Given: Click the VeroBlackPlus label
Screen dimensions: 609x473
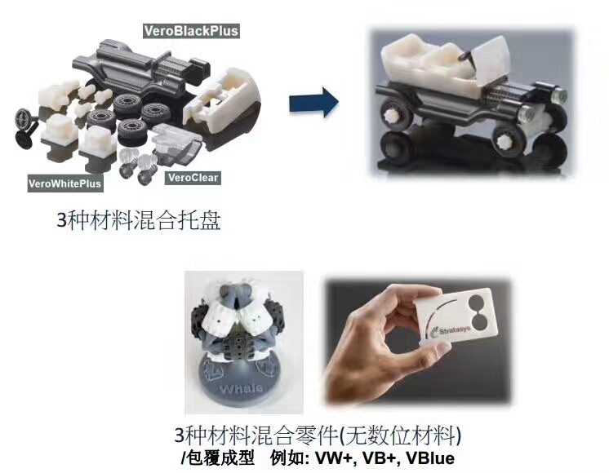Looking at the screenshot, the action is pos(191,31).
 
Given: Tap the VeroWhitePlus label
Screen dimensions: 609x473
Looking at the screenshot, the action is pos(64,183).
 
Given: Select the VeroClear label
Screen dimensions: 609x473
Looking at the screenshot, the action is pos(193,178).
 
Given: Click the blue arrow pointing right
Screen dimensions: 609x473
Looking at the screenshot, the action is pos(313,103).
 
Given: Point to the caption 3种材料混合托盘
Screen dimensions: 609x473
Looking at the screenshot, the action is pos(139,220).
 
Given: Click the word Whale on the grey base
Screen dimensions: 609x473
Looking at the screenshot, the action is pos(240,388).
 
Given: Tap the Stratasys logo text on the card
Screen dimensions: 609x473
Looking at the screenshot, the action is pos(455,330).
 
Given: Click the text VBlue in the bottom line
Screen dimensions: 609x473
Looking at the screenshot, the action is pos(430,458).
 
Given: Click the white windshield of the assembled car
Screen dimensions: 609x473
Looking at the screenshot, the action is pos(491,62).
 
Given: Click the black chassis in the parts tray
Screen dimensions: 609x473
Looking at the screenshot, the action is pos(140,70).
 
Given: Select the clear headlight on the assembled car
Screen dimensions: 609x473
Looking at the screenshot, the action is pos(558,95).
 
